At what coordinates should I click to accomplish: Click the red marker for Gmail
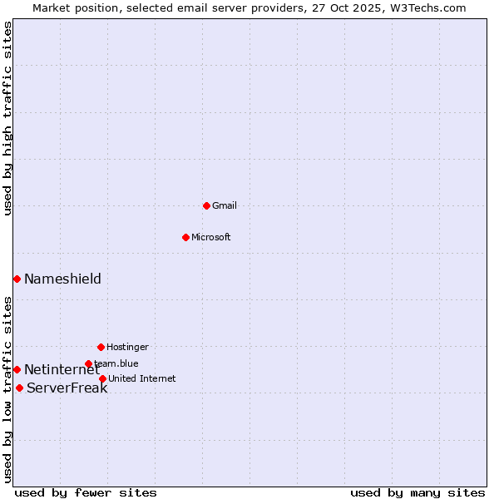tap(206, 205)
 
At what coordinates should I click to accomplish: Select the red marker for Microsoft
tap(185, 237)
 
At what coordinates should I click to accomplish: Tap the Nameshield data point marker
tap(17, 279)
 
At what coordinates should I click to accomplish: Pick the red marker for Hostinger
tap(101, 347)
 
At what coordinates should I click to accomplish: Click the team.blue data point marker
tap(88, 363)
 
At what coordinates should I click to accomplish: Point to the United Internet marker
tap(102, 378)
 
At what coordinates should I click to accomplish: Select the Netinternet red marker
tap(17, 369)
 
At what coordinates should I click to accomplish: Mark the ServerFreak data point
tap(19, 388)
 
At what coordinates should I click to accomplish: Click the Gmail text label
tap(225, 205)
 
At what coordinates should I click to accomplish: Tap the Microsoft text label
tap(211, 237)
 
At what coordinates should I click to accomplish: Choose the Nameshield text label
tap(62, 279)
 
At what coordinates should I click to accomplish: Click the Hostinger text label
tap(127, 347)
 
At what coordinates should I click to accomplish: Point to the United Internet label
tap(141, 378)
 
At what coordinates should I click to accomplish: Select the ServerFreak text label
tap(67, 388)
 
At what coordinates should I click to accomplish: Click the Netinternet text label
tap(62, 369)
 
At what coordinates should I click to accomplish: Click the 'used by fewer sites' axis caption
tap(86, 492)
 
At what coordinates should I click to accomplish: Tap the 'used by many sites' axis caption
tap(417, 492)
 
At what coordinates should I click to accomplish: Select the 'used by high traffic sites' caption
tap(7, 118)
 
